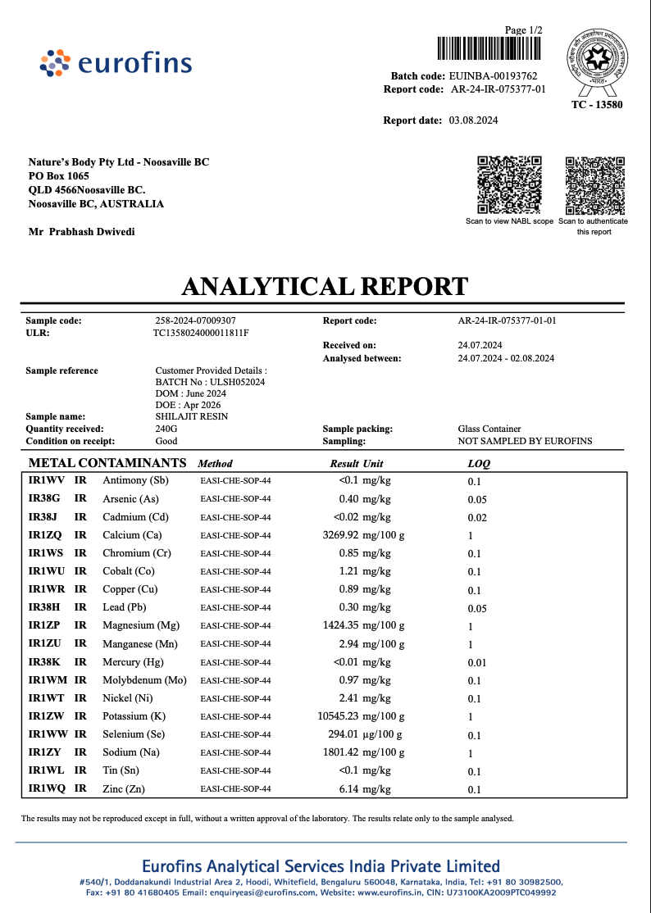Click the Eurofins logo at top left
point(116,63)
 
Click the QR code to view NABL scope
point(509,184)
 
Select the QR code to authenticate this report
point(594,184)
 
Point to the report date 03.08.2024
point(473,120)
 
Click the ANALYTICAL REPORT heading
point(325,287)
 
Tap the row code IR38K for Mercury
point(44,662)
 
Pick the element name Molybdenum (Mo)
point(144,680)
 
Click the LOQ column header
point(479,464)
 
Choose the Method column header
point(216,464)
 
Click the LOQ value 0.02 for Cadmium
point(477,518)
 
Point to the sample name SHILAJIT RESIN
point(191,416)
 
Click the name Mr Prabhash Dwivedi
point(82,232)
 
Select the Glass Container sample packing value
point(489,429)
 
